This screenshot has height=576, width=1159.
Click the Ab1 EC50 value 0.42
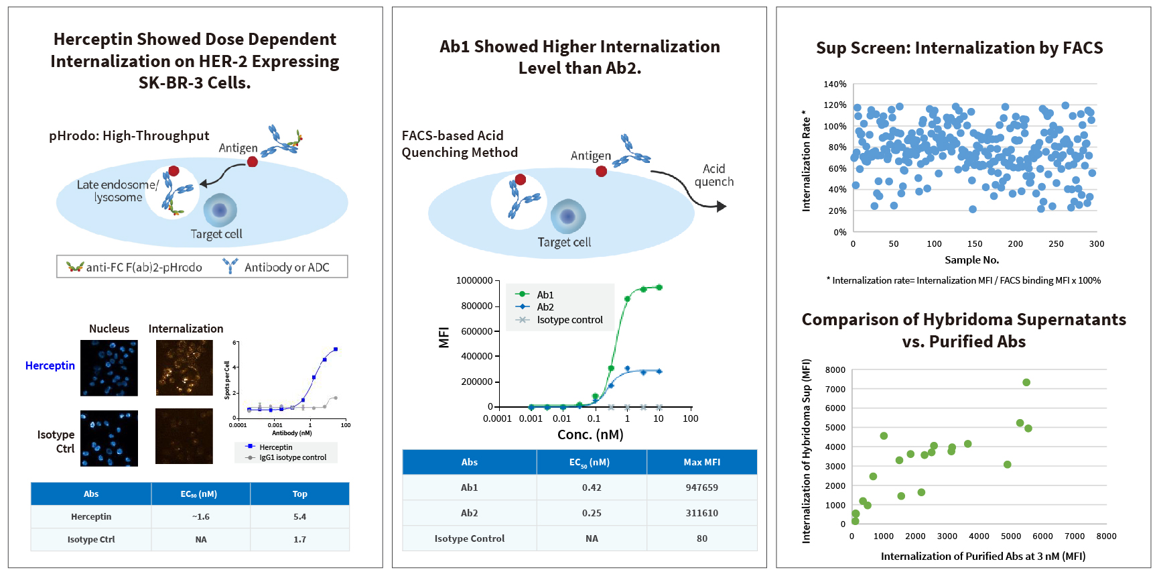coord(592,487)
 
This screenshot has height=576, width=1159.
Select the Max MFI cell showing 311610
coord(701,513)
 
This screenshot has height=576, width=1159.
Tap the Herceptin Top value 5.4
coord(299,517)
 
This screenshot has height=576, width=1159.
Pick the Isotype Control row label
coord(469,538)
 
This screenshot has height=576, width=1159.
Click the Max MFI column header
coord(701,462)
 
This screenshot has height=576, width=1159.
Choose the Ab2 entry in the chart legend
coord(545,307)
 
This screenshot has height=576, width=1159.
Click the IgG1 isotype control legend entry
coord(292,458)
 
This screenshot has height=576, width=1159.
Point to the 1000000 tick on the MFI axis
coord(474,280)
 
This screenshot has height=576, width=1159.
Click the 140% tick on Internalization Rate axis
coord(835,84)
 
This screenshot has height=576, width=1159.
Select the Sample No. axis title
coord(971,260)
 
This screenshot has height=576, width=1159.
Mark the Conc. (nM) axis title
coord(590,435)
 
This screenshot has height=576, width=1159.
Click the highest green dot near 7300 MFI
coord(1026,383)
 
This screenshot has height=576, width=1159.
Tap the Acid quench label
coord(713,176)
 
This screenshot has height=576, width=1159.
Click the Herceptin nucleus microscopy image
coord(109,367)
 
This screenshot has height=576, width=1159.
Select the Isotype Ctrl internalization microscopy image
coord(184,437)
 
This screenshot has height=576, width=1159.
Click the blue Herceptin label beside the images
coord(50,365)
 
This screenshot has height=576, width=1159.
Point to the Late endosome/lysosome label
coord(118,191)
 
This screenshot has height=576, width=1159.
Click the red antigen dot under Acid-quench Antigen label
coord(602,172)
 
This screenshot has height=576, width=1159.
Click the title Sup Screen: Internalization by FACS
coord(959,48)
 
